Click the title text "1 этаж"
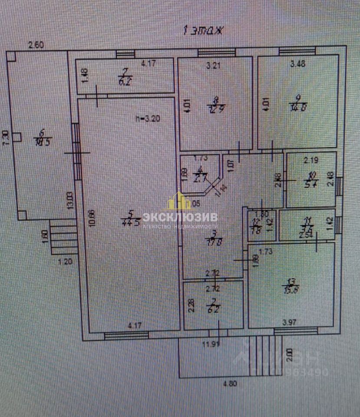[x=203, y=30]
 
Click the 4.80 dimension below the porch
[x=231, y=384]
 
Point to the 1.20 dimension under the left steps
[x=64, y=261]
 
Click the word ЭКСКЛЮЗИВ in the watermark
[x=180, y=217]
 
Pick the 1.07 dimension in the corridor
[x=230, y=165]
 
